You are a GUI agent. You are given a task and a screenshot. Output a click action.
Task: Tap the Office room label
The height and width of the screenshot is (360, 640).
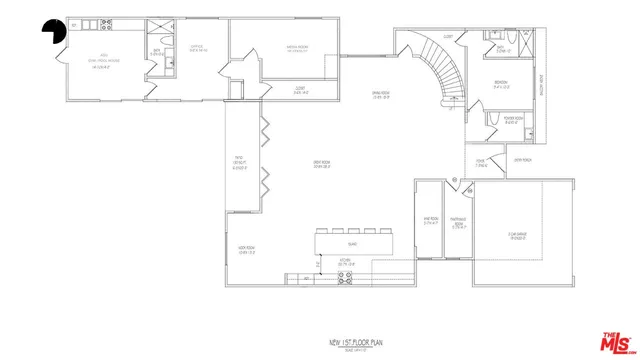point(198,48)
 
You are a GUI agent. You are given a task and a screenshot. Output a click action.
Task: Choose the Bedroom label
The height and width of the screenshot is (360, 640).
point(503,84)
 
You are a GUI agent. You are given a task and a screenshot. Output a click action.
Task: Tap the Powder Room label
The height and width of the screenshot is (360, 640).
point(511,122)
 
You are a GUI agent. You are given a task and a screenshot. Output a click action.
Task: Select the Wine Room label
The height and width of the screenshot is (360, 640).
point(431,222)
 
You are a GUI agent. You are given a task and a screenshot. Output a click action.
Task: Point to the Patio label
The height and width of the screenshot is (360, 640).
point(239,164)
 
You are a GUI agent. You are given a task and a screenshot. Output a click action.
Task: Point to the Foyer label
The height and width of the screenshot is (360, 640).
point(480,164)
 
